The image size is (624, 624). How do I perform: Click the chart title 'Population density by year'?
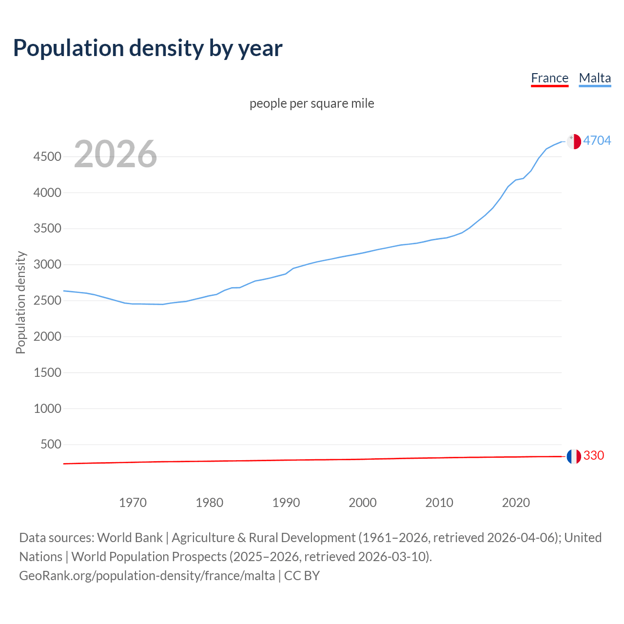tap(148, 48)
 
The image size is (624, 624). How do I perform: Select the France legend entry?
tap(549, 78)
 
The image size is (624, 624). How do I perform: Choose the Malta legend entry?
tap(595, 78)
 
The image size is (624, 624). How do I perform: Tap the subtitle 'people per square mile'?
tap(312, 103)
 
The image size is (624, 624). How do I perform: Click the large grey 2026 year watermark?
tap(116, 154)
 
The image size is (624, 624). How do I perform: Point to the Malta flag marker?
tap(574, 141)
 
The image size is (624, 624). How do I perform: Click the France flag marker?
tap(574, 456)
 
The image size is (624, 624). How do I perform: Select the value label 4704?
tap(597, 140)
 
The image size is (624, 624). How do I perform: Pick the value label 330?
tap(593, 455)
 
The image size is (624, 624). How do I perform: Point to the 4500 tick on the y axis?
tap(47, 156)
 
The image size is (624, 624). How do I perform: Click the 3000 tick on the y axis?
tap(47, 265)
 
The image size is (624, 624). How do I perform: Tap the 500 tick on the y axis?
tap(51, 444)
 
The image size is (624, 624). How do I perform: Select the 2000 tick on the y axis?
tap(47, 336)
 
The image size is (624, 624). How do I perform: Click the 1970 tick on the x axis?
tap(133, 503)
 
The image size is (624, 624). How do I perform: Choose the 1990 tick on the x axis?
tap(286, 503)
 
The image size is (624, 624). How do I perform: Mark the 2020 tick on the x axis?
tap(516, 503)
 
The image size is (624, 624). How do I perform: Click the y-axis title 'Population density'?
tap(20, 302)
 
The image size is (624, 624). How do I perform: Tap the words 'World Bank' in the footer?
tap(130, 538)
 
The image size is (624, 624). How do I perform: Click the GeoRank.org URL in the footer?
tap(147, 576)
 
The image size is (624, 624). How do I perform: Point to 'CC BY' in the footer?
tap(302, 576)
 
